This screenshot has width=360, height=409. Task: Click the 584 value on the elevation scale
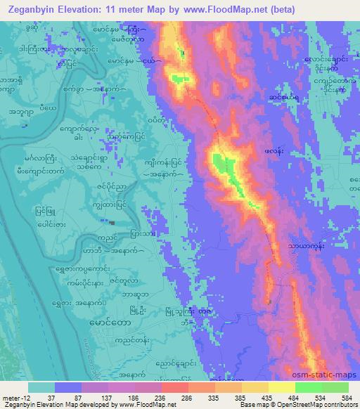click(347, 396)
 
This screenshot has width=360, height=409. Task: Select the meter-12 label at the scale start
click(14, 396)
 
